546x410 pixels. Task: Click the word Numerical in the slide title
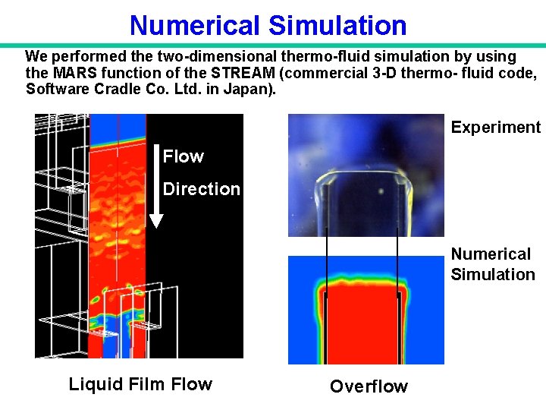click(195, 25)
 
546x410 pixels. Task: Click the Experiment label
click(495, 128)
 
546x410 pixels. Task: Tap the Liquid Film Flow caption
click(140, 384)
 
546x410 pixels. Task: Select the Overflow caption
click(369, 386)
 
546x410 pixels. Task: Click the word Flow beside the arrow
click(184, 156)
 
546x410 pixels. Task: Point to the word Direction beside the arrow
click(202, 189)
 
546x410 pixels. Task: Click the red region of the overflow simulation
click(362, 326)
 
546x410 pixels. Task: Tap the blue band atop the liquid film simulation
click(118, 125)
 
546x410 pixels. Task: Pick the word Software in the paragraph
click(55, 89)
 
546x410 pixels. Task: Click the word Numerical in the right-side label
click(491, 254)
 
